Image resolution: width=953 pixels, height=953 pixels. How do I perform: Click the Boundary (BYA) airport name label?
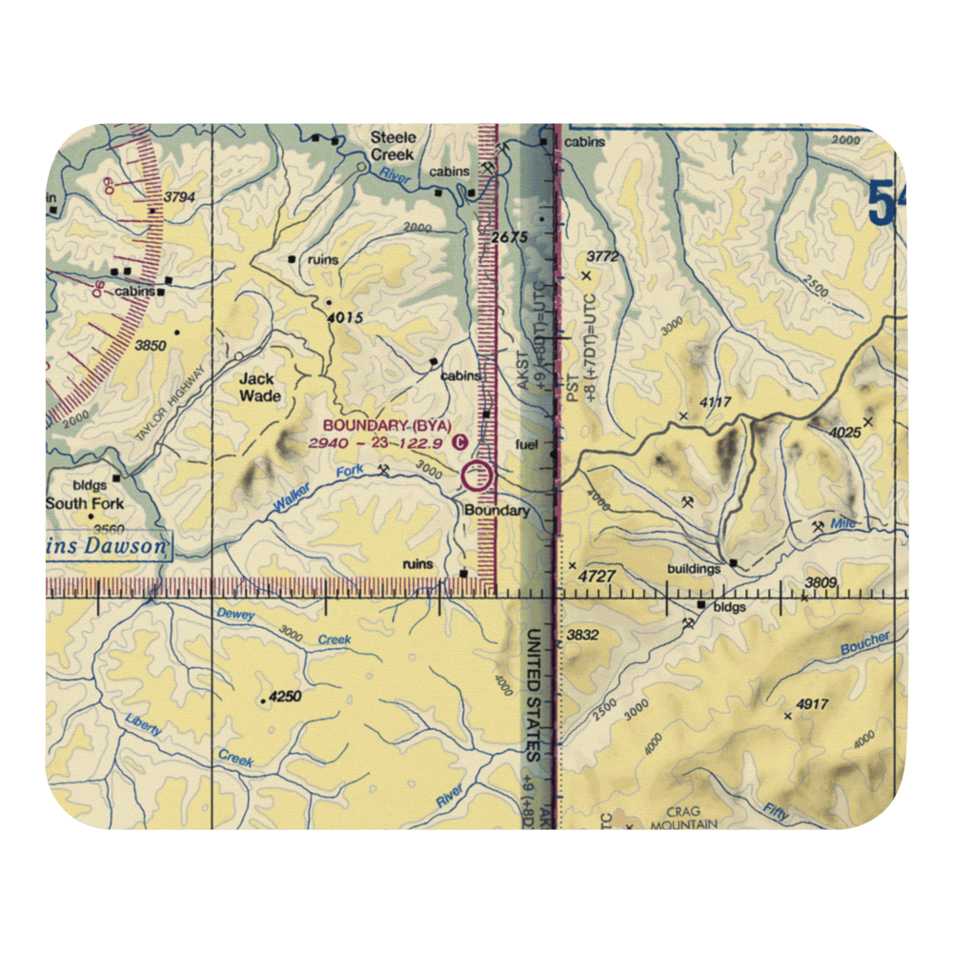[x=386, y=425]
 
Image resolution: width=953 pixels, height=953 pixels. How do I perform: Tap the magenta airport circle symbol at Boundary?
[x=477, y=476]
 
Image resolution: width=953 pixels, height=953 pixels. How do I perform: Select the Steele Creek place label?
[x=394, y=146]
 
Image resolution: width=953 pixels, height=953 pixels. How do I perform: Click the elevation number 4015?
[x=343, y=318]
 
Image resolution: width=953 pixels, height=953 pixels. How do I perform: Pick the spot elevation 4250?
[x=285, y=697]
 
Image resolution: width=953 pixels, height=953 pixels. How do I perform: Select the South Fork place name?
[x=85, y=503]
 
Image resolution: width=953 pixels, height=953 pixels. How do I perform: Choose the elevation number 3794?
[x=179, y=197]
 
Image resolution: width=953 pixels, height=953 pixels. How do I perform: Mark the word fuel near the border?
[x=526, y=444]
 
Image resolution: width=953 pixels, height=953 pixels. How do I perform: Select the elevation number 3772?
[x=602, y=256]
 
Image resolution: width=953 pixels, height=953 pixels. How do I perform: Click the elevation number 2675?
[x=511, y=237]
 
